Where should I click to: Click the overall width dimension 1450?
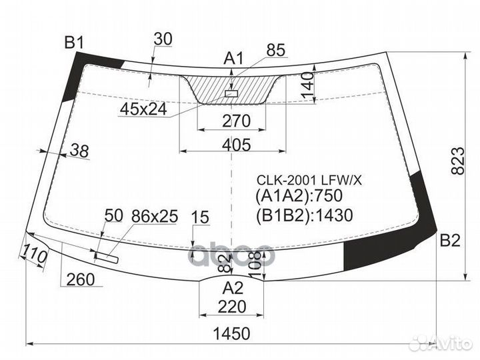(231, 333)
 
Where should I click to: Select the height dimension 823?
(457, 161)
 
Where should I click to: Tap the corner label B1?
(74, 43)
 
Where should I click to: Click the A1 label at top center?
(233, 58)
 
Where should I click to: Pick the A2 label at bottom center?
(233, 288)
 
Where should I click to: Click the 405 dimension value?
(236, 145)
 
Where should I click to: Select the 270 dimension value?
(236, 121)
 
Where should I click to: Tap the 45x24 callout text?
(143, 109)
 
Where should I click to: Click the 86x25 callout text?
(155, 217)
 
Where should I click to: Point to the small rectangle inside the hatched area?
(231, 93)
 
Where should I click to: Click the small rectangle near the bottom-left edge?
(106, 257)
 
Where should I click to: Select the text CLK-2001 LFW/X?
(309, 181)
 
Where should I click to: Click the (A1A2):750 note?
(299, 196)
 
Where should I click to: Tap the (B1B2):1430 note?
(304, 215)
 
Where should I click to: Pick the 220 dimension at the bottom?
(232, 307)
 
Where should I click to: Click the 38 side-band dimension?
(79, 151)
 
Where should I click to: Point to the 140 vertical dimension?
(308, 85)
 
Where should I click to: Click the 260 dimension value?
(81, 279)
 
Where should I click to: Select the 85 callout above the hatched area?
(275, 50)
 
